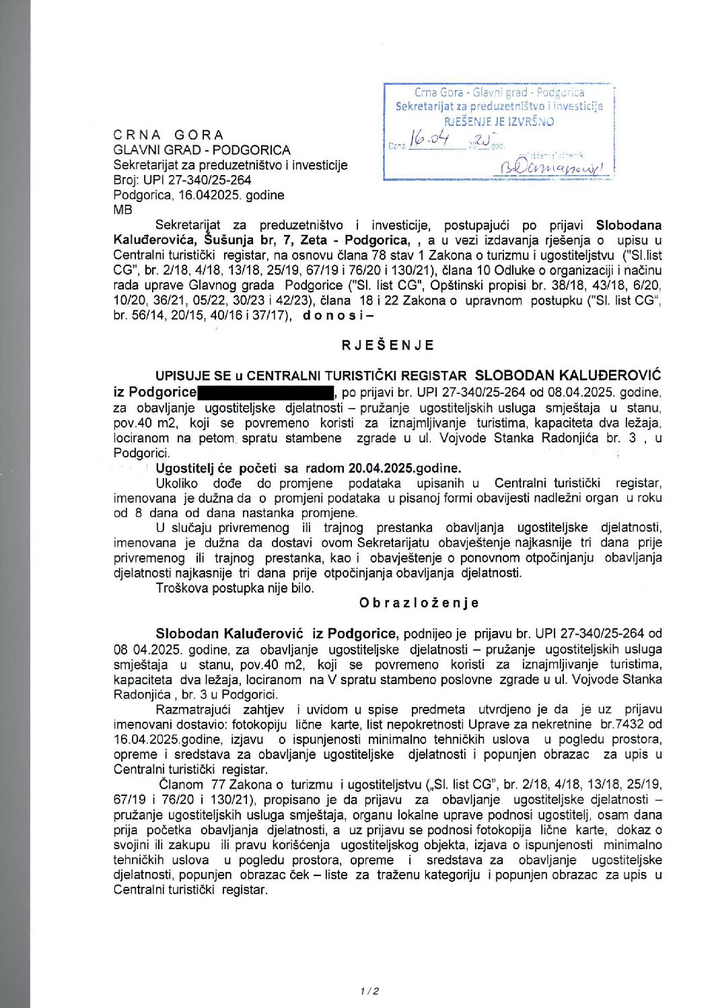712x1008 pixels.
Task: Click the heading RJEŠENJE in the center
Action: [388, 345]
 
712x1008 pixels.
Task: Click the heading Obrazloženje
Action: [419, 603]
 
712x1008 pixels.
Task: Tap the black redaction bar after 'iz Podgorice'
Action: [266, 392]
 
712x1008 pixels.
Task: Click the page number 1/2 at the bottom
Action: [370, 990]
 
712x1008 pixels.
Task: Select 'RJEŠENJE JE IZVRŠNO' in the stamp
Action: [499, 122]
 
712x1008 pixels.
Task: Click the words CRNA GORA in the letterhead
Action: [168, 135]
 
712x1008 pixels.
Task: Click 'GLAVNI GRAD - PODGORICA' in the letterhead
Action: [202, 150]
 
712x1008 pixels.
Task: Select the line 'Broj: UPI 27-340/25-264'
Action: [182, 180]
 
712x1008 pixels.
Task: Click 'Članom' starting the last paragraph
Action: [182, 784]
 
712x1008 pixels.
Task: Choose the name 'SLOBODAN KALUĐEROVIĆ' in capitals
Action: [568, 375]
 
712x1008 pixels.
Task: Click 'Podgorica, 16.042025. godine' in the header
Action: [199, 195]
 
